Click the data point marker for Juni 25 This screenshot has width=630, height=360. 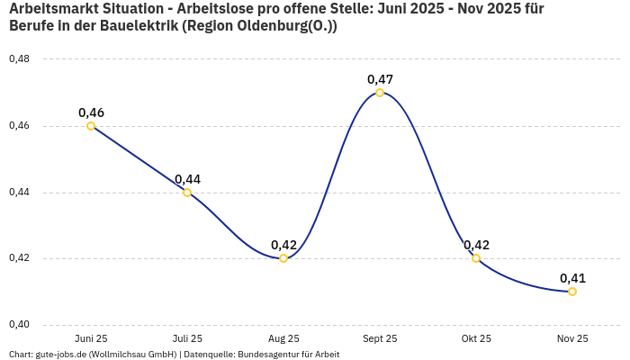(91, 126)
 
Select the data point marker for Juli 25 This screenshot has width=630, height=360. (187, 193)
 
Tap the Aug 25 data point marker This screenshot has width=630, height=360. (283, 258)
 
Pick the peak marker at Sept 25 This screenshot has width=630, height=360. (380, 93)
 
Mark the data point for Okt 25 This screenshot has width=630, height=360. (476, 258)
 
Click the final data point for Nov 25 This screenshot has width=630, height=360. (572, 292)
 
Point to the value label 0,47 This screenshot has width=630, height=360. (380, 79)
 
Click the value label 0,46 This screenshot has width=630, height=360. (91, 112)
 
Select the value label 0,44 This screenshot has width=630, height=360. (187, 179)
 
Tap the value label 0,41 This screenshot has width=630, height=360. (572, 278)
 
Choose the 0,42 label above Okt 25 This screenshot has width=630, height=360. (476, 245)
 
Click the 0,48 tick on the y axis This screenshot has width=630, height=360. (19, 59)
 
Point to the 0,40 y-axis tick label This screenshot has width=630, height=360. (19, 325)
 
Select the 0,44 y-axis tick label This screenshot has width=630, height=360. (19, 193)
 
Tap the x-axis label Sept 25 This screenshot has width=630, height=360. (380, 339)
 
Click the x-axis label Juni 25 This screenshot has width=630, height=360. (91, 339)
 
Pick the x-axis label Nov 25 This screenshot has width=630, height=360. (572, 339)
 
